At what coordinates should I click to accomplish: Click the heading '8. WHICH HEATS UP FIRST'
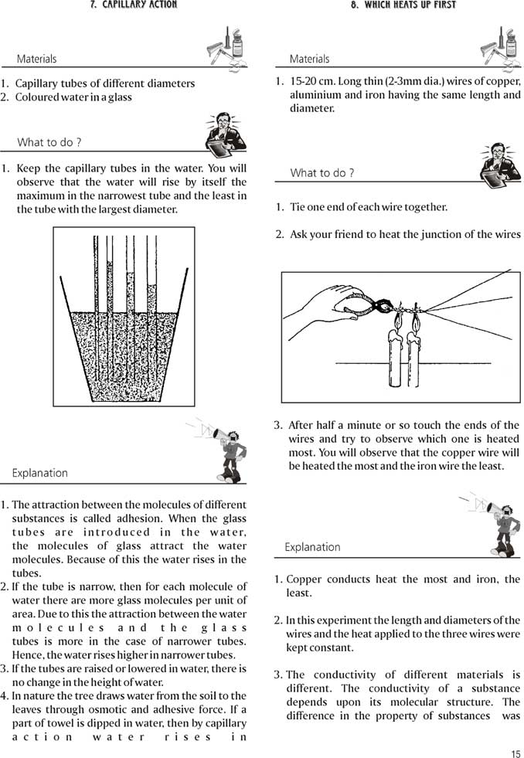pyautogui.click(x=402, y=5)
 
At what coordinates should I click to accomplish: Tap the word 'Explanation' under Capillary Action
pyautogui.click(x=40, y=473)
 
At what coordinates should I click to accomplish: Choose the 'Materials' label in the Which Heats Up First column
pyautogui.click(x=309, y=59)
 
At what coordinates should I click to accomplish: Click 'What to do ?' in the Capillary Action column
pyautogui.click(x=49, y=142)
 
